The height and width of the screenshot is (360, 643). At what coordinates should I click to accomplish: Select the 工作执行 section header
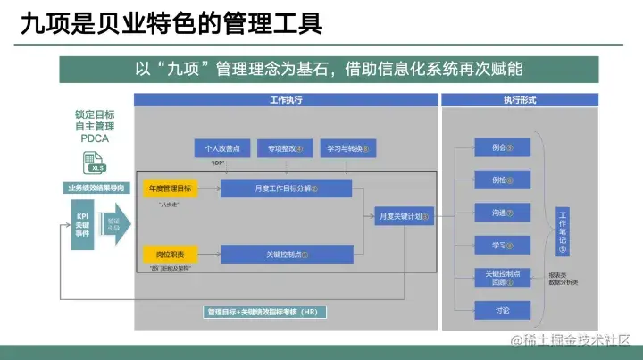286,101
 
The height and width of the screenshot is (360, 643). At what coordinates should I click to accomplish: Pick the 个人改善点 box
223,148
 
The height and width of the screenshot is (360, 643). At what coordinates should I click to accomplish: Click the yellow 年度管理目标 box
169,188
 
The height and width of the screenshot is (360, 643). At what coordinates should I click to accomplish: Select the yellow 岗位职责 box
169,254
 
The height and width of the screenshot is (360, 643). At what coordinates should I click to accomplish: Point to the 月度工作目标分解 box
287,188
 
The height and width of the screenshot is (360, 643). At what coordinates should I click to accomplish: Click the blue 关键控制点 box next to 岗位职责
287,254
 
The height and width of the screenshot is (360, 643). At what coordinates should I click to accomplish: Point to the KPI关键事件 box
83,222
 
